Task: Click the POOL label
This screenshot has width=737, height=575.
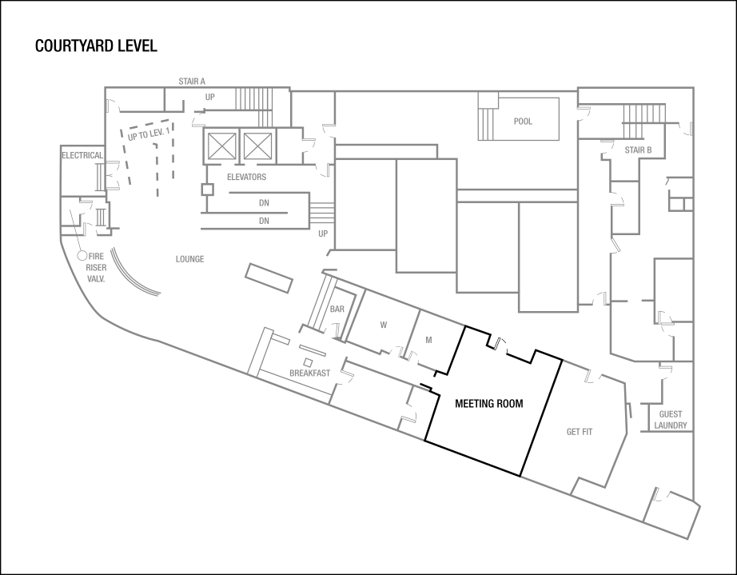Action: (x=523, y=122)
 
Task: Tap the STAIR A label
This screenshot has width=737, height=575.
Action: (x=192, y=82)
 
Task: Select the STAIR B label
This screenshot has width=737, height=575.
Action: (x=638, y=150)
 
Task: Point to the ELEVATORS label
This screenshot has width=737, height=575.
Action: (x=246, y=177)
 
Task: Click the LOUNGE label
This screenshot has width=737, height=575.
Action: (x=189, y=259)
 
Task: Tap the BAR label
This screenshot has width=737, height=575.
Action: (x=337, y=309)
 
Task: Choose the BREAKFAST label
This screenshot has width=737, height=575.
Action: (x=309, y=373)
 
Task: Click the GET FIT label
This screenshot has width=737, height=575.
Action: (x=580, y=432)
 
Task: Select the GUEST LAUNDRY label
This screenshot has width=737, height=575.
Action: (x=671, y=420)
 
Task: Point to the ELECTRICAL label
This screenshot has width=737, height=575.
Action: (x=82, y=155)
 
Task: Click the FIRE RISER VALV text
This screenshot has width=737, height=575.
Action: (x=96, y=267)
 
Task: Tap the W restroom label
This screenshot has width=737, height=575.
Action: (x=383, y=325)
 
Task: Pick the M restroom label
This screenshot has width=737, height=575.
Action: (x=428, y=339)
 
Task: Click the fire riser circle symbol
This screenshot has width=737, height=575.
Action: (x=82, y=255)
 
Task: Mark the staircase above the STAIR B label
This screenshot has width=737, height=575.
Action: (x=643, y=121)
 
